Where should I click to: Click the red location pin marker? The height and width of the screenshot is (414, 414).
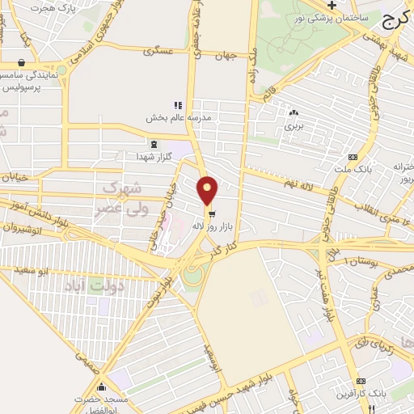coord(208,190)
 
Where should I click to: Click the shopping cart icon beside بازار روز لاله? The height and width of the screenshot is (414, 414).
coord(211,215)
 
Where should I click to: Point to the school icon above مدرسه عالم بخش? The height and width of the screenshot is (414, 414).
coord(178,105)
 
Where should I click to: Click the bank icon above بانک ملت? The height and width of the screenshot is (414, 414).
coord(352,157)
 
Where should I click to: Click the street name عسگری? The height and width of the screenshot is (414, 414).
coord(159,51)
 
